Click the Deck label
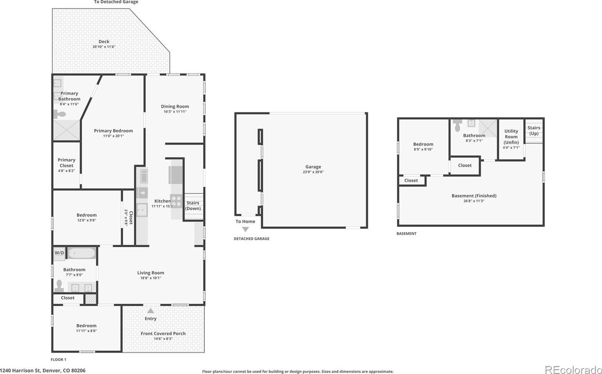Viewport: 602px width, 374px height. pyautogui.click(x=104, y=42)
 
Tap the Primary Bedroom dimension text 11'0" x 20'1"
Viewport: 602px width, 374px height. pyautogui.click(x=113, y=136)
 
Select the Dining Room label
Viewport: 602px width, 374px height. pyautogui.click(x=175, y=106)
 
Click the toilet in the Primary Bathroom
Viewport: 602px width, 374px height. pyautogui.click(x=59, y=115)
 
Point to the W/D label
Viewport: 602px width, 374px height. pyautogui.click(x=59, y=253)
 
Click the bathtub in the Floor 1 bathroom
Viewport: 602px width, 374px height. pyautogui.click(x=81, y=253)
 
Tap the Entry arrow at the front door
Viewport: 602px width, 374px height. pyautogui.click(x=150, y=311)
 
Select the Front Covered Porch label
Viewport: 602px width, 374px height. pyautogui.click(x=163, y=334)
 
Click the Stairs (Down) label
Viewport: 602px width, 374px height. pyautogui.click(x=193, y=206)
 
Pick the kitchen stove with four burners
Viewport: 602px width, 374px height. pyautogui.click(x=177, y=201)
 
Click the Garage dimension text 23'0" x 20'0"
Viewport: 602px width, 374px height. pyautogui.click(x=313, y=172)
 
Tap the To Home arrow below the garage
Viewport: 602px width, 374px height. pyautogui.click(x=245, y=229)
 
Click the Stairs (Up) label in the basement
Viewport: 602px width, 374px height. pyautogui.click(x=534, y=130)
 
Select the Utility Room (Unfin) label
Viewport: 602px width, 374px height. pyautogui.click(x=511, y=136)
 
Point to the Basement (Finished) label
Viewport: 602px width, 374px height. pyautogui.click(x=474, y=196)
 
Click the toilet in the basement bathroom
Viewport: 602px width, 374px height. pyautogui.click(x=457, y=125)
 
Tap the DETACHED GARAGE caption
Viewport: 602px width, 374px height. pyautogui.click(x=252, y=239)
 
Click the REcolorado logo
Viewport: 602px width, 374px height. pyautogui.click(x=573, y=370)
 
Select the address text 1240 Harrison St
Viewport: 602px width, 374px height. pyautogui.click(x=21, y=371)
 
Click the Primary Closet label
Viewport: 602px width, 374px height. pyautogui.click(x=66, y=163)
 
